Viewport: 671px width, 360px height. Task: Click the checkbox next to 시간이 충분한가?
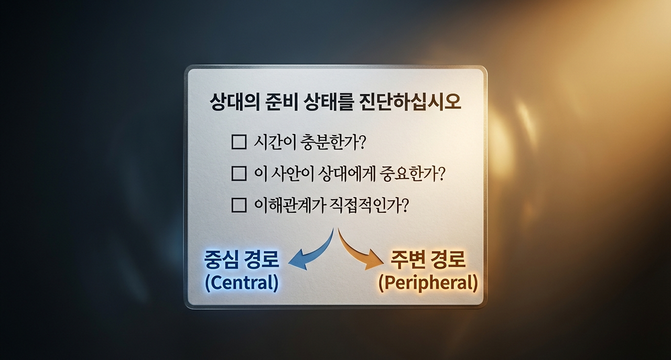pos(239,142)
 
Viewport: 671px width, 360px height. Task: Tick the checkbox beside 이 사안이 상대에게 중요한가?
pos(239,173)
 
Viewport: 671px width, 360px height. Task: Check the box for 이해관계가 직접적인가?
pos(239,205)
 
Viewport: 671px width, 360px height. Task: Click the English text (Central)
pos(242,283)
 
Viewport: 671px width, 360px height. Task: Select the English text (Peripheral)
pos(428,283)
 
